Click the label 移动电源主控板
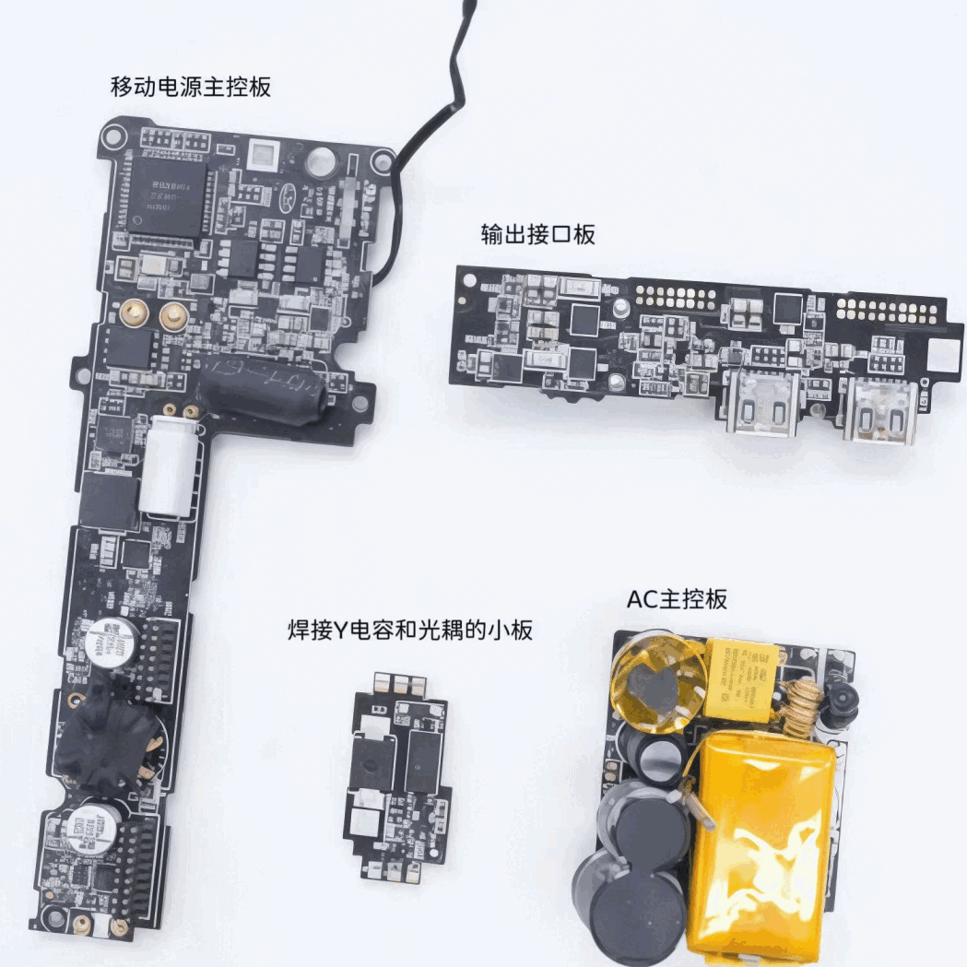[x=190, y=88]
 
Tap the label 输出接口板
[x=537, y=234]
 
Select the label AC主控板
[x=677, y=599]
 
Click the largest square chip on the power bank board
[x=167, y=196]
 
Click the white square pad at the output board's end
[x=945, y=355]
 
